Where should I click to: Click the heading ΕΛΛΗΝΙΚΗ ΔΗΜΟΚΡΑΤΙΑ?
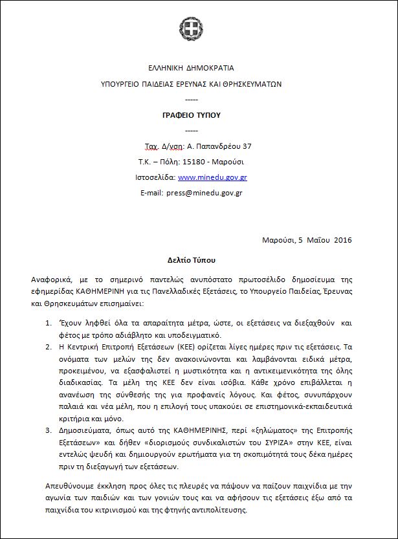(191, 67)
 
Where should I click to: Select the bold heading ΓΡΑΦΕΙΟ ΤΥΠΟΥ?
(192, 115)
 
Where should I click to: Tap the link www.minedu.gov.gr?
(212, 177)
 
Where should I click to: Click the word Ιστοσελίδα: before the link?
(156, 177)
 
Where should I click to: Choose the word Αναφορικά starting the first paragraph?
(52, 280)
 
